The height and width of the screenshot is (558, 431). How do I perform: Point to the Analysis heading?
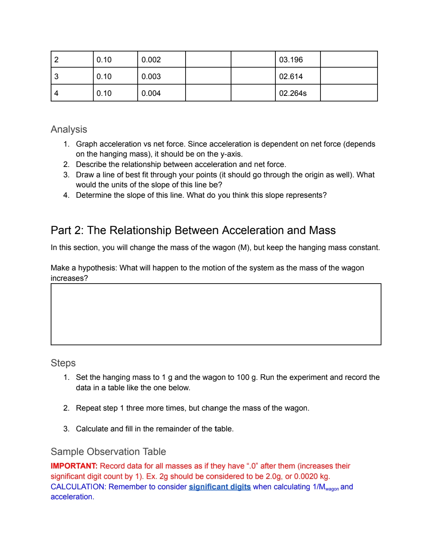click(x=69, y=129)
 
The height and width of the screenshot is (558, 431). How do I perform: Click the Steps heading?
click(x=63, y=363)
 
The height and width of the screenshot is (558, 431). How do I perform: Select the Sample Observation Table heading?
click(x=108, y=452)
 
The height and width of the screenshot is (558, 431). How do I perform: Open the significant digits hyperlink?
click(x=219, y=487)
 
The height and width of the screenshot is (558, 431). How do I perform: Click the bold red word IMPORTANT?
click(x=74, y=466)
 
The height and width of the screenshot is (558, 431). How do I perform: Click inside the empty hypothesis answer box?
click(x=216, y=314)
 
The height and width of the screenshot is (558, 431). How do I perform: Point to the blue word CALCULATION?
click(x=78, y=487)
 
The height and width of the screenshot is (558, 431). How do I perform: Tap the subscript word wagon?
click(x=332, y=489)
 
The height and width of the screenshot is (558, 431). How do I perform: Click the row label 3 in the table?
click(x=56, y=77)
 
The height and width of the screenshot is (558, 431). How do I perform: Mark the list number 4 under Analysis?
click(x=66, y=195)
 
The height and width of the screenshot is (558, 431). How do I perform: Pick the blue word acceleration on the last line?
click(x=71, y=497)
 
